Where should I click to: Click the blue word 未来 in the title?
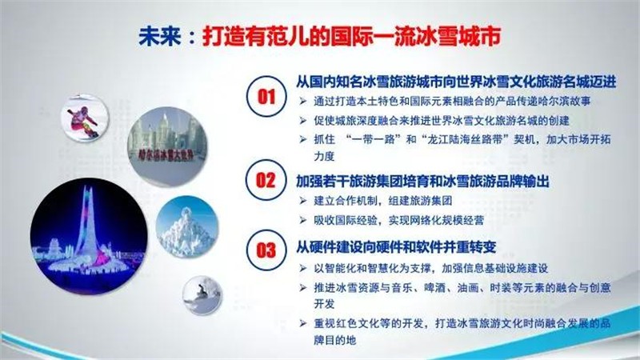click(x=159, y=37)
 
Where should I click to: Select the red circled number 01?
click(x=266, y=97)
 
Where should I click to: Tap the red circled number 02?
click(x=266, y=180)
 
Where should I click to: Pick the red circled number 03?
click(x=266, y=250)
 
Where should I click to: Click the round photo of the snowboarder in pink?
click(x=85, y=118)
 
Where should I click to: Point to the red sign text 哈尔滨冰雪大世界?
click(x=166, y=154)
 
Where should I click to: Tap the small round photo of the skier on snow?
click(x=202, y=295)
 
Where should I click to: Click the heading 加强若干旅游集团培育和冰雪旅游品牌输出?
click(x=422, y=181)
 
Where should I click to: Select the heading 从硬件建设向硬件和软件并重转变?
click(x=396, y=247)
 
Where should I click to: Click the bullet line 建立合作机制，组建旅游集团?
click(x=382, y=201)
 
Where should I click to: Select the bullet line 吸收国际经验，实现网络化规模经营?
click(x=398, y=221)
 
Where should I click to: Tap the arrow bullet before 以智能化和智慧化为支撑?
click(x=302, y=268)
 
